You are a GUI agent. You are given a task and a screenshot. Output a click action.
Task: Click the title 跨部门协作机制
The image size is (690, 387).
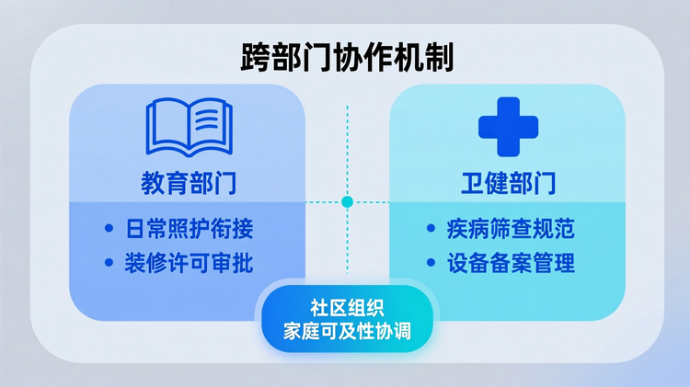coord(346,58)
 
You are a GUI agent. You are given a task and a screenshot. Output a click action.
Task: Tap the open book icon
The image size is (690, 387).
coord(190,128)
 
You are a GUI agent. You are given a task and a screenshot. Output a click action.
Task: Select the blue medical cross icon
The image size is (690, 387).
coord(508,127)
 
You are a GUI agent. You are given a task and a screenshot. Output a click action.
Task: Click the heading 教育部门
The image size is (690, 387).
coord(188,182)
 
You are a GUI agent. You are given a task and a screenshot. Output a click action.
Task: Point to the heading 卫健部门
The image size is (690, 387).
coord(508,182)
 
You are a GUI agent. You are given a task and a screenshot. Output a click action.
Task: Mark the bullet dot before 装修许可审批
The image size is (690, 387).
coord(109,264)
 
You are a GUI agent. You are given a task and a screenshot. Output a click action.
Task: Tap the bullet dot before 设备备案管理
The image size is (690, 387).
coord(431,264)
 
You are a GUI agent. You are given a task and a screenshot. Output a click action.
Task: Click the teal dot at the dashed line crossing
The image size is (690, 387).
coord(347,201)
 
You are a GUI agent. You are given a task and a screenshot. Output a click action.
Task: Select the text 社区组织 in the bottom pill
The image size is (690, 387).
coord(346,309)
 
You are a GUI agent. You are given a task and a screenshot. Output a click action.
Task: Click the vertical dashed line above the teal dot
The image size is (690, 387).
coord(347,147)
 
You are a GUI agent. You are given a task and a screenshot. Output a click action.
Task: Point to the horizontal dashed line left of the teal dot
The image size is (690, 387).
coord(322,201)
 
